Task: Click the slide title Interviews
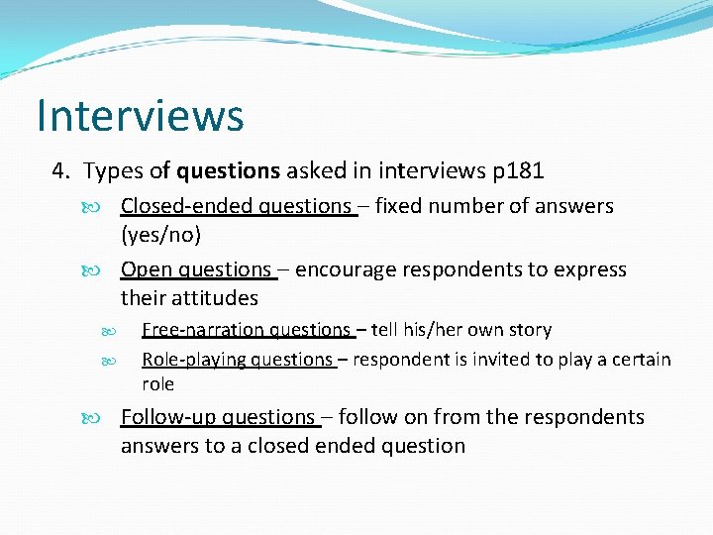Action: click(140, 115)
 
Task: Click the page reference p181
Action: click(518, 170)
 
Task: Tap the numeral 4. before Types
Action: click(62, 170)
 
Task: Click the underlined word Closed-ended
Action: click(185, 206)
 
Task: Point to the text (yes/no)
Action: click(160, 235)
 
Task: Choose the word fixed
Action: click(400, 206)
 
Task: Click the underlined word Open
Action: click(146, 269)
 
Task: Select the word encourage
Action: click(342, 269)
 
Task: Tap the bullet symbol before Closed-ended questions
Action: click(108, 207)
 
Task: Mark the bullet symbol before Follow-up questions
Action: click(108, 418)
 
